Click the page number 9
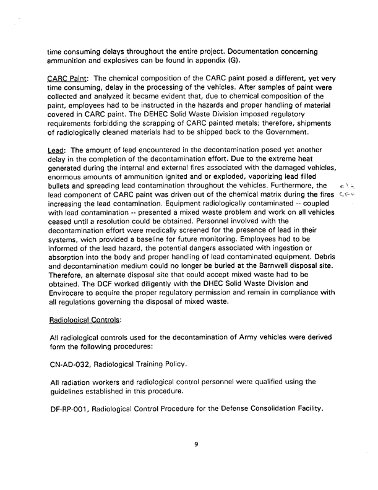coord(195,442)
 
